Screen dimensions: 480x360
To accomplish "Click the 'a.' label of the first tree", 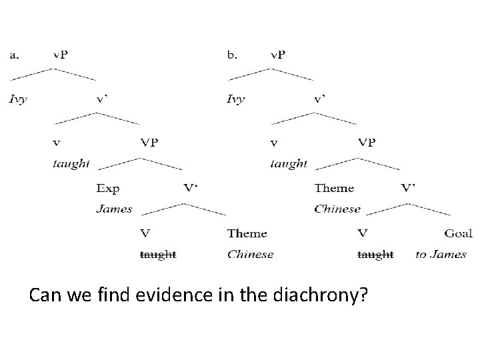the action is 15,55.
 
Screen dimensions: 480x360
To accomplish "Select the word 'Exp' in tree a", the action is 107,189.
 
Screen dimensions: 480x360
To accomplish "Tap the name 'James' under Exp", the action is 114,209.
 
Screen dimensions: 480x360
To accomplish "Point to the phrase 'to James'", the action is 441,254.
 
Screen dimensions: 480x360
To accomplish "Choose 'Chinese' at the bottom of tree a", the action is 250,254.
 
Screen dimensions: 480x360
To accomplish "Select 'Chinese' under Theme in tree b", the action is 337,209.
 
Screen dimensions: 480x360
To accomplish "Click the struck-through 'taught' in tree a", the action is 158,254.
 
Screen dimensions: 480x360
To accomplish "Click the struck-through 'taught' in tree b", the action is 375,254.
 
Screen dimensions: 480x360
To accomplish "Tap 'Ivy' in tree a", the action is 18,99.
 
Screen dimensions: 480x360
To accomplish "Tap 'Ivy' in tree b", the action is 236,99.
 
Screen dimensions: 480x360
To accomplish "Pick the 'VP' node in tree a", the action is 149,143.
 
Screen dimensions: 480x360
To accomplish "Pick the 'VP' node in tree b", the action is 367,143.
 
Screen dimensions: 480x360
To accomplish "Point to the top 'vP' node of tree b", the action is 277,55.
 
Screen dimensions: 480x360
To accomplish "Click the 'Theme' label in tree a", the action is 247,233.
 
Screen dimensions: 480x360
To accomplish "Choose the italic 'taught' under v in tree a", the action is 71,163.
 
